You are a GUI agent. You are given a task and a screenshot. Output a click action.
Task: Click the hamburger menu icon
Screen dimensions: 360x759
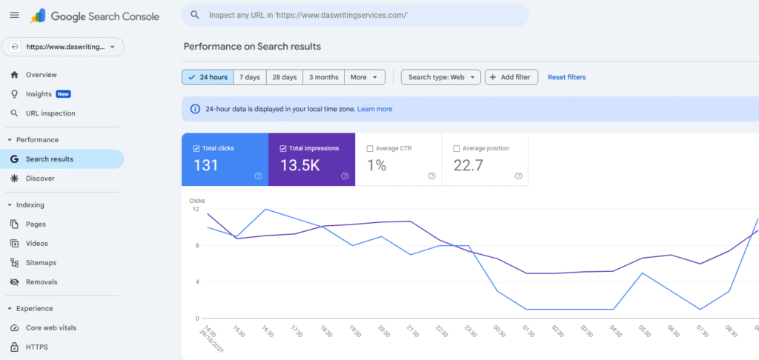(15, 15)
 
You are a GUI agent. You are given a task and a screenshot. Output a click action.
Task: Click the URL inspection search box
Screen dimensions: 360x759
(356, 15)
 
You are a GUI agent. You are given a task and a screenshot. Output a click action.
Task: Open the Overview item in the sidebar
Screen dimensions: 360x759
(41, 75)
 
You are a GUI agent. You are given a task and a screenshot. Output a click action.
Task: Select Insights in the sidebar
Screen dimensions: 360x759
(39, 94)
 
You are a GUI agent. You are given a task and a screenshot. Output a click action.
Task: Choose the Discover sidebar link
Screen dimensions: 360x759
(40, 179)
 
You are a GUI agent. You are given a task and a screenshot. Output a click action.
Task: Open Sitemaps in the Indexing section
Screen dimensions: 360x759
(41, 263)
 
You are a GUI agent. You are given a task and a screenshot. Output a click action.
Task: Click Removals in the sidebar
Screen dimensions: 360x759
(41, 282)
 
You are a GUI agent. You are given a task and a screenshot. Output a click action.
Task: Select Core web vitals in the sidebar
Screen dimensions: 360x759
(50, 328)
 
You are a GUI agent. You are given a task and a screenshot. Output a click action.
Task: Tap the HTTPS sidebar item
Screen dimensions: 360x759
(37, 347)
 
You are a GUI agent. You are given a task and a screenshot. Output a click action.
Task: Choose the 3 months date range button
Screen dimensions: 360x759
(324, 77)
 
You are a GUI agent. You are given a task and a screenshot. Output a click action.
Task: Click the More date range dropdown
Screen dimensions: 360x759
(365, 77)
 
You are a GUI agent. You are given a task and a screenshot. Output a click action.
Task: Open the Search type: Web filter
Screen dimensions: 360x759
(441, 77)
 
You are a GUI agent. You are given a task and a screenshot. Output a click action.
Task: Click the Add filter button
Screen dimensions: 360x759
(511, 77)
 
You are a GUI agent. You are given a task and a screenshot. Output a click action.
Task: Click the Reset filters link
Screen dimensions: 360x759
(566, 77)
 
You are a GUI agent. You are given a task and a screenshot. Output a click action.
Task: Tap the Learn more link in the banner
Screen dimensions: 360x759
(374, 109)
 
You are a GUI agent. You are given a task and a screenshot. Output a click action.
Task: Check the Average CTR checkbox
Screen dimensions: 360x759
(370, 148)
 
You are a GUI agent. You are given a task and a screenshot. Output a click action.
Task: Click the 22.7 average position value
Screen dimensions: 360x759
(468, 165)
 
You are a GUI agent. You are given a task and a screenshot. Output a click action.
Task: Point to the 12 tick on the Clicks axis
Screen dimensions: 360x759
(196, 210)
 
